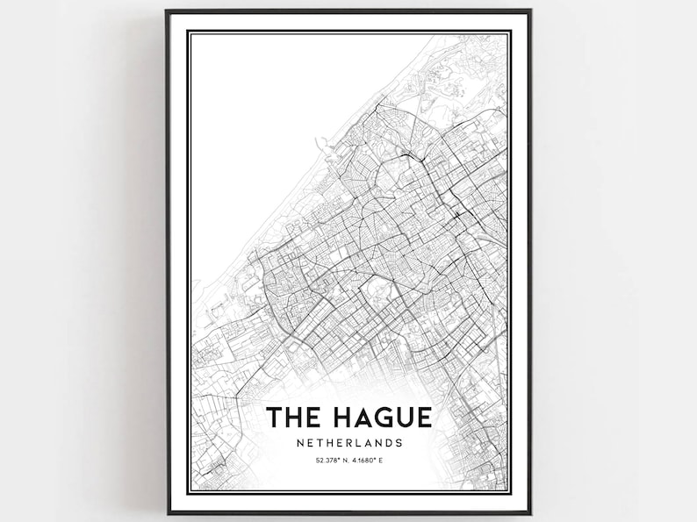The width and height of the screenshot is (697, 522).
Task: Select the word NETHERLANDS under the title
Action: (x=348, y=442)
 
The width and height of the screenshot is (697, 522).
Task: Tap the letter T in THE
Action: (x=274, y=416)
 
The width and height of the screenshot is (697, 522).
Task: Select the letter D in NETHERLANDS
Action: (x=390, y=442)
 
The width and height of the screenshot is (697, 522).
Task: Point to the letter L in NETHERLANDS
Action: (x=356, y=442)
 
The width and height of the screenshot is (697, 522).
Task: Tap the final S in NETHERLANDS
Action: (x=400, y=442)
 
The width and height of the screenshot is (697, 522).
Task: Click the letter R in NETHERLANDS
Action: (x=345, y=442)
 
